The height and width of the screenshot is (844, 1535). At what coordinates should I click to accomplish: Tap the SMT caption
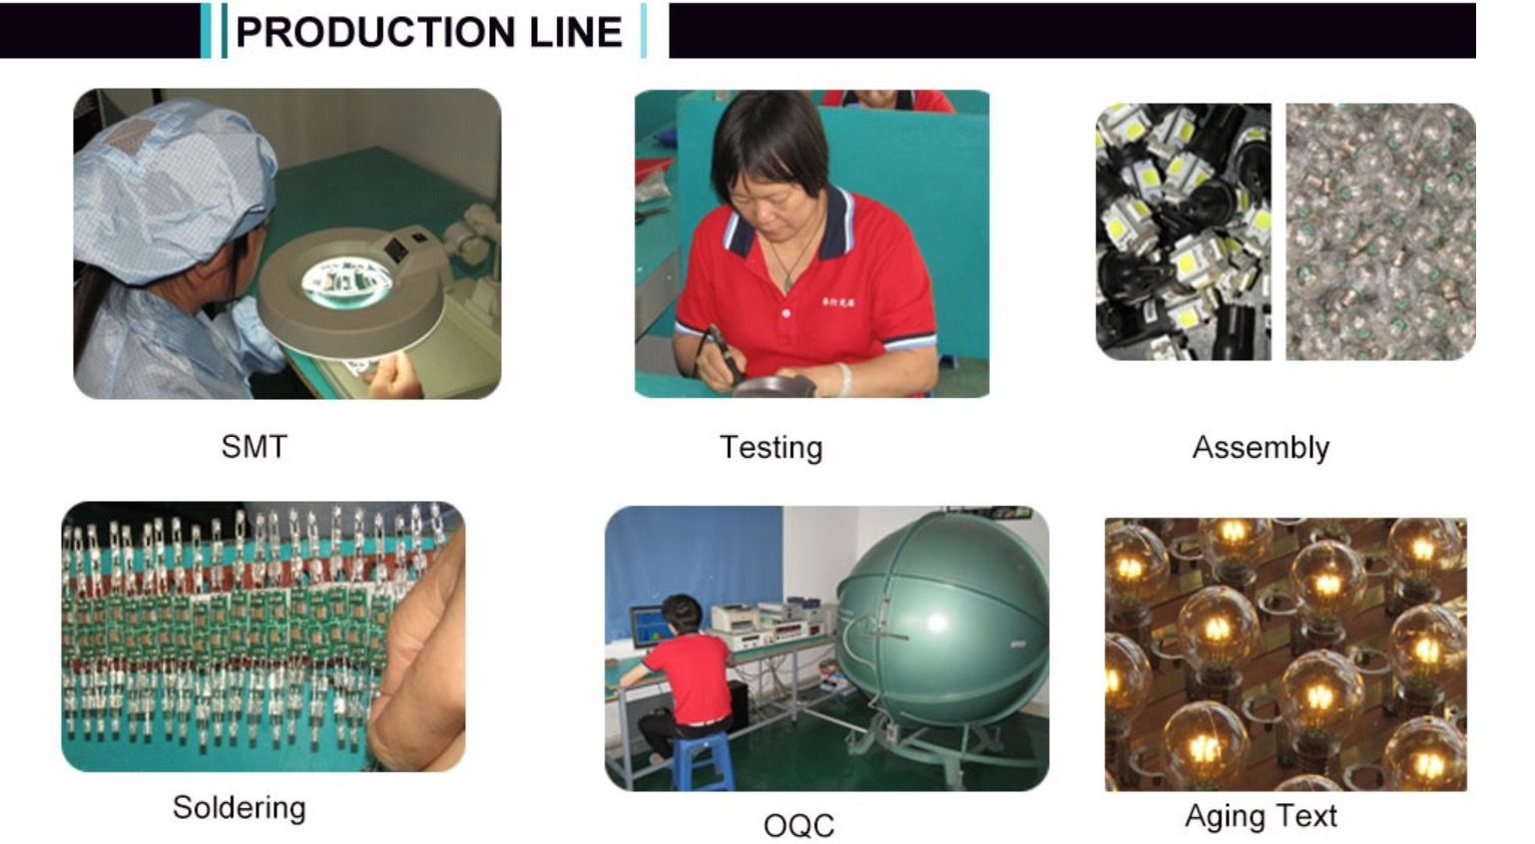click(254, 447)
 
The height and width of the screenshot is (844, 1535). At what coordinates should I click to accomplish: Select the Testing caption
click(770, 448)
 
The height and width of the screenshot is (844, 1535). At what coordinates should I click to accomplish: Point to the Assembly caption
click(1261, 448)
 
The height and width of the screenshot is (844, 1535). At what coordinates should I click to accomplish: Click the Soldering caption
click(240, 808)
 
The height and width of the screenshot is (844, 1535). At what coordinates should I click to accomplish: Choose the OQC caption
click(799, 825)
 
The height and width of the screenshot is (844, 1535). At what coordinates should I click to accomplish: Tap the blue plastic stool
click(704, 760)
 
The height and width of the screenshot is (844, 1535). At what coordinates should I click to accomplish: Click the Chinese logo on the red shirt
click(838, 301)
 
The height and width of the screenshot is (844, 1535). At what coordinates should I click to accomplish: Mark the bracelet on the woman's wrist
click(845, 379)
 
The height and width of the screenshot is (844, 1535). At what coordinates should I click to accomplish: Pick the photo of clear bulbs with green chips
click(1380, 231)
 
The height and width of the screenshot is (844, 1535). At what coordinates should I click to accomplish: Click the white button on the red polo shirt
click(785, 313)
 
